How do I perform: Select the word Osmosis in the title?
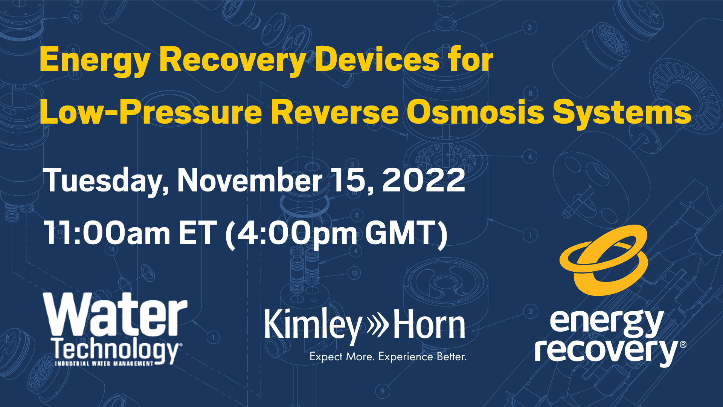click(x=475, y=112)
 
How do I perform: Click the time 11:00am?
click(x=107, y=233)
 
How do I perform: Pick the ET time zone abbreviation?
click(x=198, y=233)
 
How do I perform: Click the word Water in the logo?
click(x=115, y=315)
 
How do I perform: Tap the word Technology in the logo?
click(x=116, y=350)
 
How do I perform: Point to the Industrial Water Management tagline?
click(x=104, y=364)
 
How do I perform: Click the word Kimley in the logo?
click(x=313, y=325)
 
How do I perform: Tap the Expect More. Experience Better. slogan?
click(x=388, y=357)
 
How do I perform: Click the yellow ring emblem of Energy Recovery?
click(x=604, y=260)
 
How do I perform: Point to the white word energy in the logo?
click(x=606, y=323)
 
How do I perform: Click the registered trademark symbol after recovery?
click(x=683, y=344)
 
